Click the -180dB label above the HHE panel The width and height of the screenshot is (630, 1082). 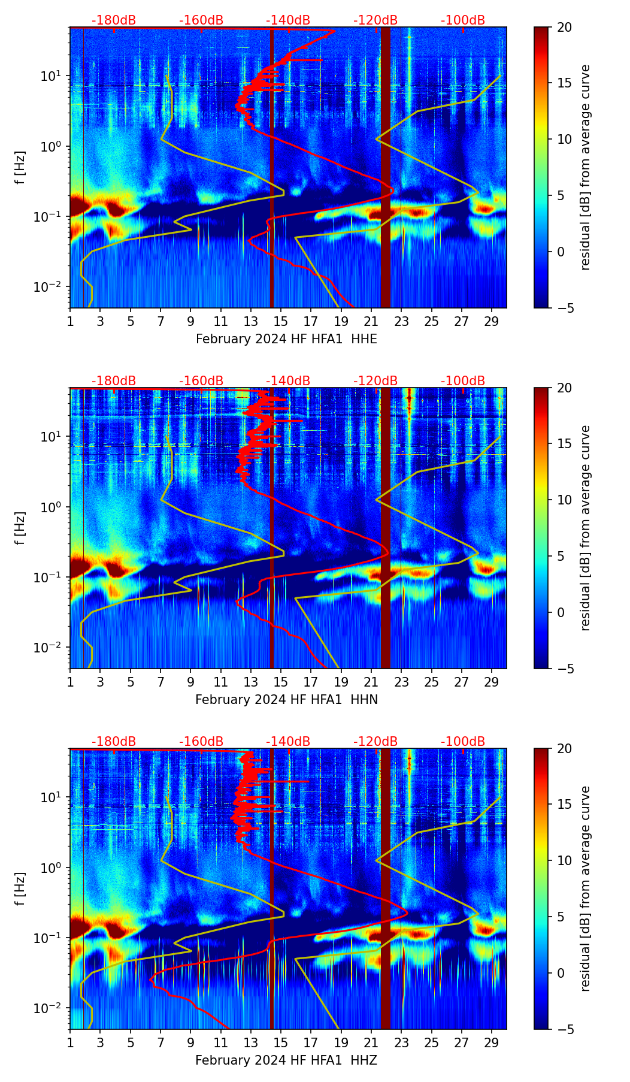pos(114,20)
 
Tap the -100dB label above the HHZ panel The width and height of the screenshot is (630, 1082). pos(463,742)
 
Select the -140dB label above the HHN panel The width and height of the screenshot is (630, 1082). pos(288,381)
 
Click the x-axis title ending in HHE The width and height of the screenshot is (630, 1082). pos(286,339)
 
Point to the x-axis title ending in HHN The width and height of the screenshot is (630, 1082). pos(286,700)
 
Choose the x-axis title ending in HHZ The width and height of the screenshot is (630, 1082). pos(286,1060)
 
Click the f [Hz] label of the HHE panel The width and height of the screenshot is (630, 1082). pos(20,167)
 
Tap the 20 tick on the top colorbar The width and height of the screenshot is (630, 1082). pos(564,28)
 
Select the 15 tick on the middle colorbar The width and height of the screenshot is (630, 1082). pos(564,443)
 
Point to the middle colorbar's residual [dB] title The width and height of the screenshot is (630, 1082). pos(585,528)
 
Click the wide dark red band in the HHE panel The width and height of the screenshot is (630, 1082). pos(385,168)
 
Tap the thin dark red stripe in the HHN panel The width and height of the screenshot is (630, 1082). pos(272,527)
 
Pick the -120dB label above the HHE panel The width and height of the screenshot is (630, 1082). pos(375,20)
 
